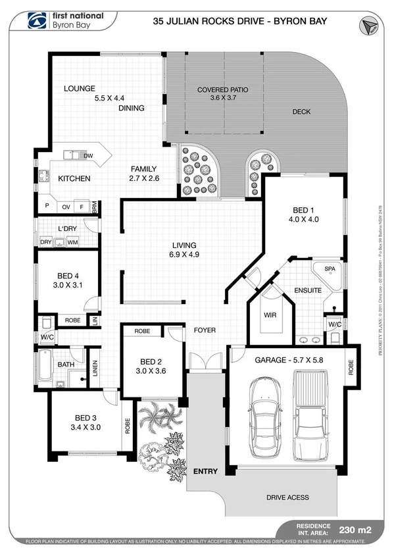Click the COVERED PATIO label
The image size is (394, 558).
(223, 89)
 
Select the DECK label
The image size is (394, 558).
(301, 112)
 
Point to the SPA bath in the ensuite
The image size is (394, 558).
(326, 271)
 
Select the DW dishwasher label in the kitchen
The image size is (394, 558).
(87, 156)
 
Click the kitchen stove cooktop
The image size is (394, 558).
(44, 176)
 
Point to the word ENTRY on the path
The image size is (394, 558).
(205, 472)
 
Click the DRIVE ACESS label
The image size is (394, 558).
(287, 497)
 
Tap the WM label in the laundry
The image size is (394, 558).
(73, 243)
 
